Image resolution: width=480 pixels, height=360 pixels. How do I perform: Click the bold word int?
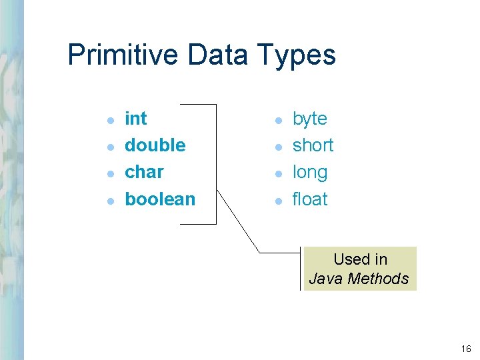(x=136, y=119)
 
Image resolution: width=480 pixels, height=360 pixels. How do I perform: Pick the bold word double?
(x=155, y=145)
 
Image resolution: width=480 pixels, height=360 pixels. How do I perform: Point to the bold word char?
(x=144, y=172)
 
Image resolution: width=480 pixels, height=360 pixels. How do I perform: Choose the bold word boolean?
(x=160, y=199)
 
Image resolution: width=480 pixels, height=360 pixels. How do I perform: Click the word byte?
(x=310, y=119)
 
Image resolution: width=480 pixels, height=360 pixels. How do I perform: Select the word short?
(x=313, y=145)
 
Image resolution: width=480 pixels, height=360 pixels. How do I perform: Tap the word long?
(x=310, y=173)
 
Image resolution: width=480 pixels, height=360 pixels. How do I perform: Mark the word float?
(x=310, y=199)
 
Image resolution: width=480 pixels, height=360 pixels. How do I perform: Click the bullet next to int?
(x=111, y=120)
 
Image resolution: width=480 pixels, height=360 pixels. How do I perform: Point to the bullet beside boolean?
(x=111, y=200)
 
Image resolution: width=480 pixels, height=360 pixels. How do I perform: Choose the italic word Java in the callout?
(x=325, y=279)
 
